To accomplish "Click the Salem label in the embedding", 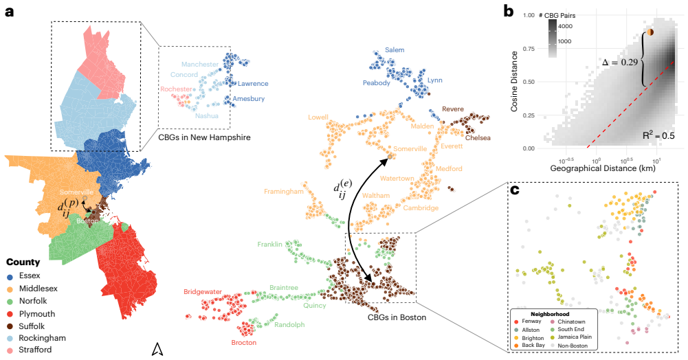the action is (395, 50).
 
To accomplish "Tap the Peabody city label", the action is (376, 83).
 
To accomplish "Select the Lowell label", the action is (318, 117).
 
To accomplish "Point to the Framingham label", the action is (283, 192).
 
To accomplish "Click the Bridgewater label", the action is (203, 291).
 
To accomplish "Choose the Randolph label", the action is (289, 325).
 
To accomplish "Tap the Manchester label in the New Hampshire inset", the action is (199, 65).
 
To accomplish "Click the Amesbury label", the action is (248, 99).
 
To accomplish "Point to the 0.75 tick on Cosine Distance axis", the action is (529, 49).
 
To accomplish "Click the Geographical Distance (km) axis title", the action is (603, 168).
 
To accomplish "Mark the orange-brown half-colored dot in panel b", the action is (650, 32).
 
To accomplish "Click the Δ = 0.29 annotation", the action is (619, 63).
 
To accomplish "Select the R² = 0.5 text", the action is (658, 136).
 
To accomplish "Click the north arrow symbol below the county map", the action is (157, 349).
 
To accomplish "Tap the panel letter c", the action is (514, 190).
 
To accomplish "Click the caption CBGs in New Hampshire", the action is (204, 137).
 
